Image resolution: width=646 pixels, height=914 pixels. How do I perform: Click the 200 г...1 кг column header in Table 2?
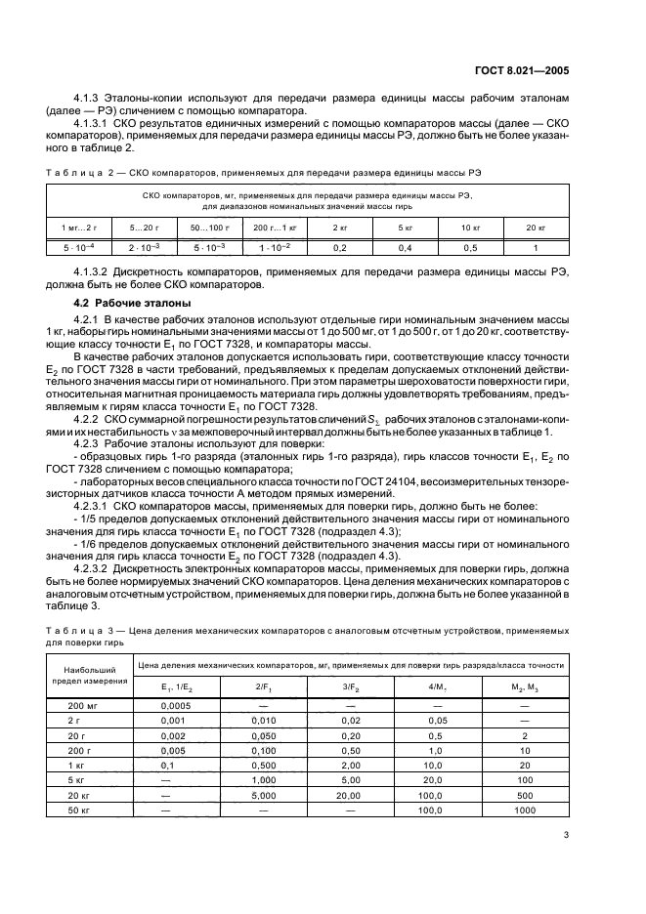coord(275,227)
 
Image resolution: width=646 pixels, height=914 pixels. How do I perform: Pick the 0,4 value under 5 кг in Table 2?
coord(405,248)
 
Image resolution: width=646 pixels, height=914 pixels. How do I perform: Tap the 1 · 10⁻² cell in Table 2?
coord(275,248)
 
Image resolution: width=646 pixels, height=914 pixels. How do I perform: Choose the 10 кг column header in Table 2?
coord(469,227)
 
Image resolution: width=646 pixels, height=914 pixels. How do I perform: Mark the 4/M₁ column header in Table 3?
coord(438,686)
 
